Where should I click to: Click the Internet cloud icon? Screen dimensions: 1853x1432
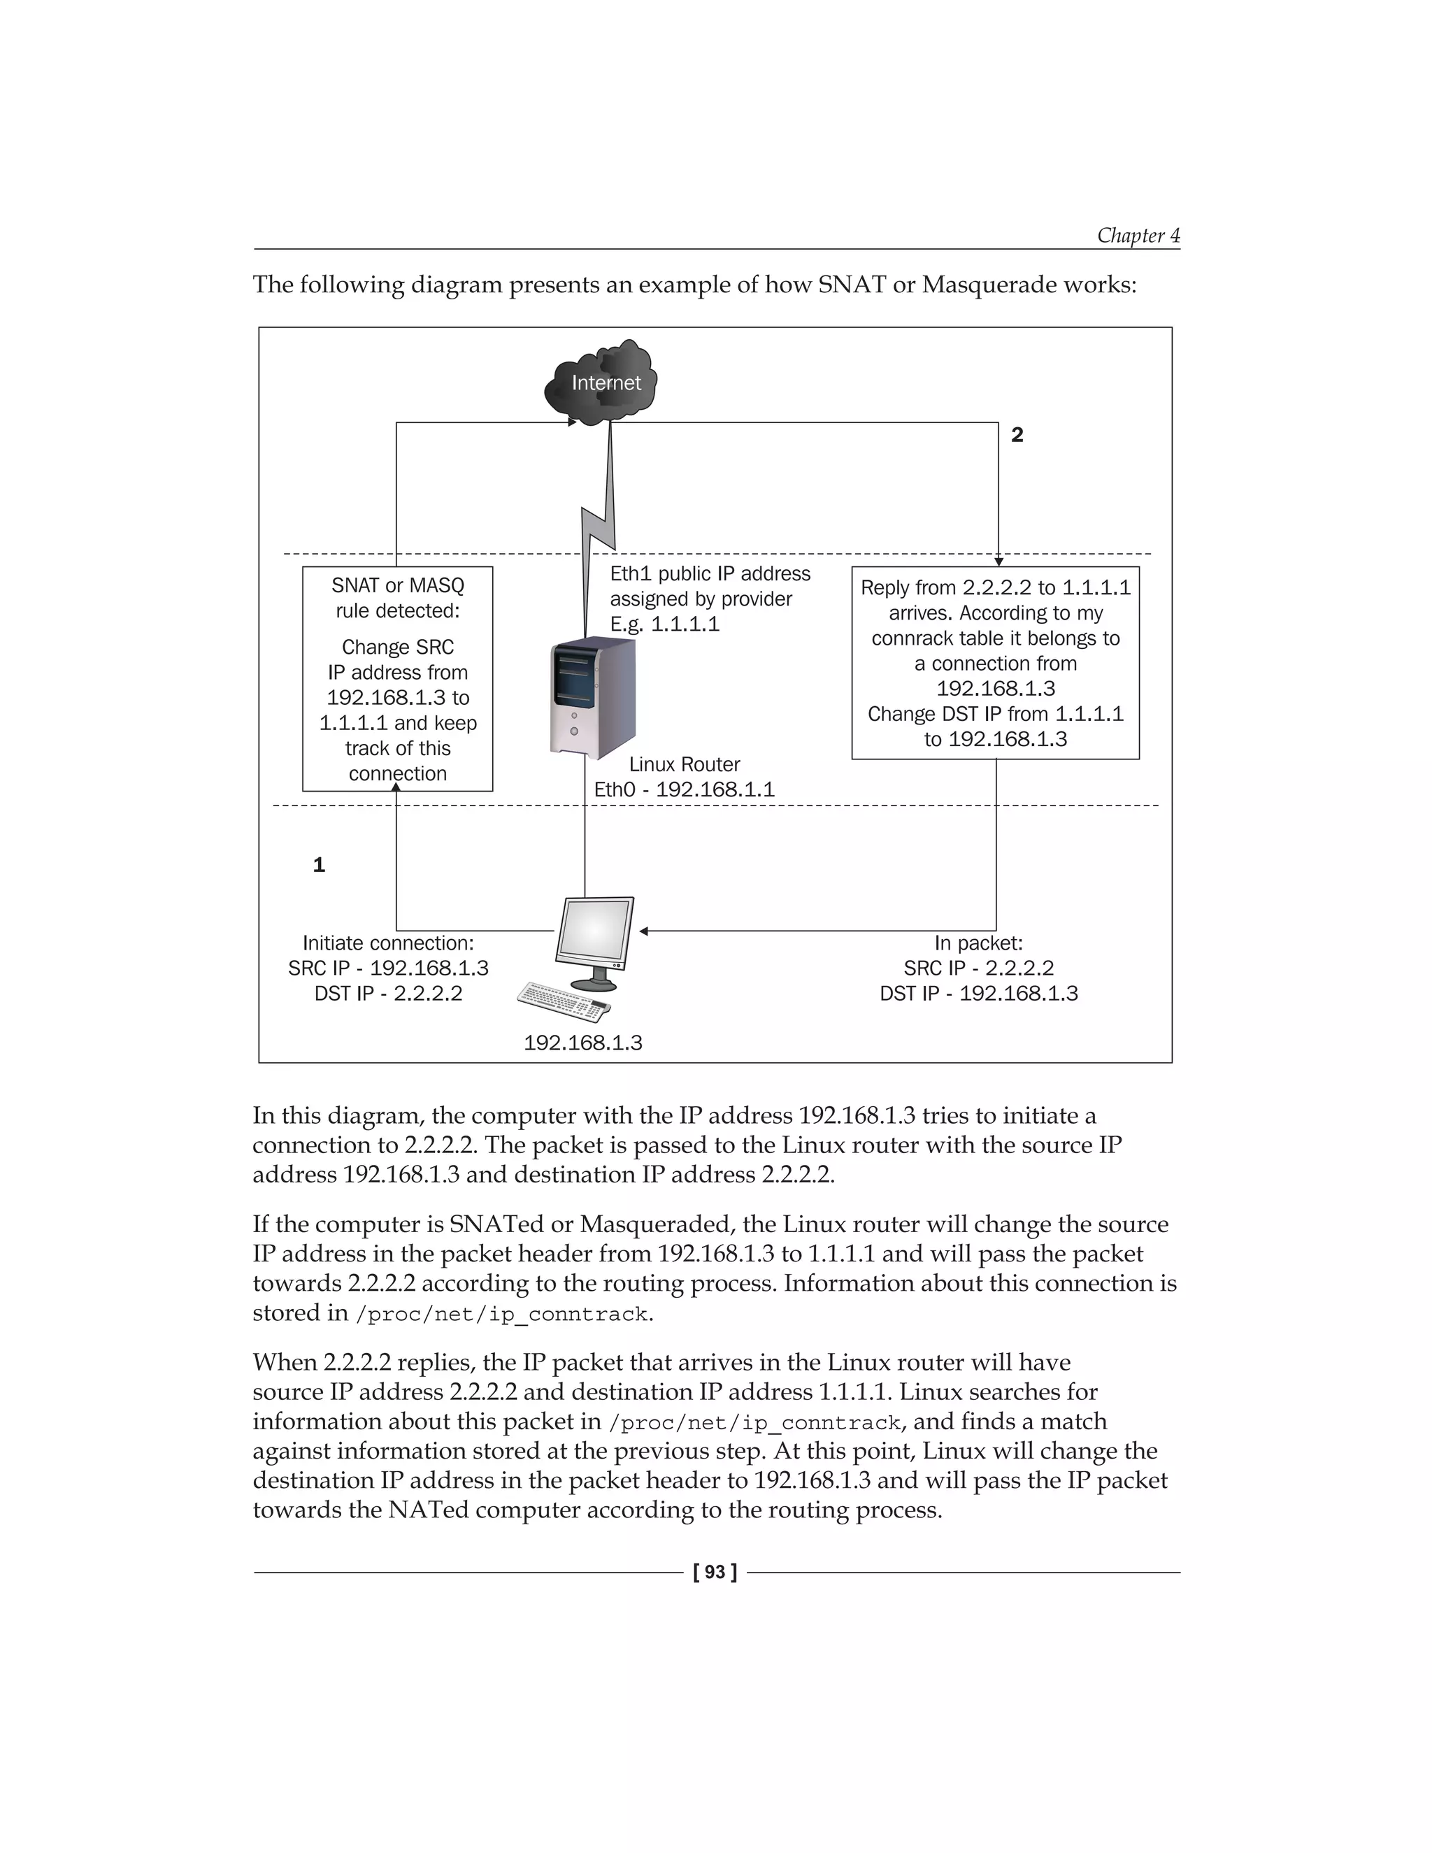(602, 383)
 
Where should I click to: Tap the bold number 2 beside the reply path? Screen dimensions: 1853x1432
(1017, 435)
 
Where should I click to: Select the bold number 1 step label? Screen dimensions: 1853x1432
(319, 864)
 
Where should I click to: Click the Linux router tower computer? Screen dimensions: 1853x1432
(592, 697)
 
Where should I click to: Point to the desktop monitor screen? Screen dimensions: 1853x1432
(596, 930)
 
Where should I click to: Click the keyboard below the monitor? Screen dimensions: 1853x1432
(565, 1002)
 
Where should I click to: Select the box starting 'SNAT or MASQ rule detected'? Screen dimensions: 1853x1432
(398, 679)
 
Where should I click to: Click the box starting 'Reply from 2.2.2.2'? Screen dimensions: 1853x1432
(995, 663)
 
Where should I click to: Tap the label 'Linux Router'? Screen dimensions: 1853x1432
(685, 764)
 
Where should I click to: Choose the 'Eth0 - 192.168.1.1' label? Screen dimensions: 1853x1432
(684, 790)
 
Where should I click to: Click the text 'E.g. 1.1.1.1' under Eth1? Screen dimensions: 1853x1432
(664, 624)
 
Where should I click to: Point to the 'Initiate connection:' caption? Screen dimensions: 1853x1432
(387, 943)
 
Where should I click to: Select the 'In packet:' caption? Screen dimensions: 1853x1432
(978, 943)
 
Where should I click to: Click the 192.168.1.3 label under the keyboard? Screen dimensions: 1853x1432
(583, 1043)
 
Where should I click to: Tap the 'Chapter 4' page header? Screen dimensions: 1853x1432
(1138, 235)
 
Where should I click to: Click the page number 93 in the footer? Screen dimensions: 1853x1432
(715, 1572)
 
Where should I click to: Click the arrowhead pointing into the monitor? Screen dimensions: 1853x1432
(644, 931)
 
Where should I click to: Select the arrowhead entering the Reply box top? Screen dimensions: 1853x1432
(998, 561)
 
